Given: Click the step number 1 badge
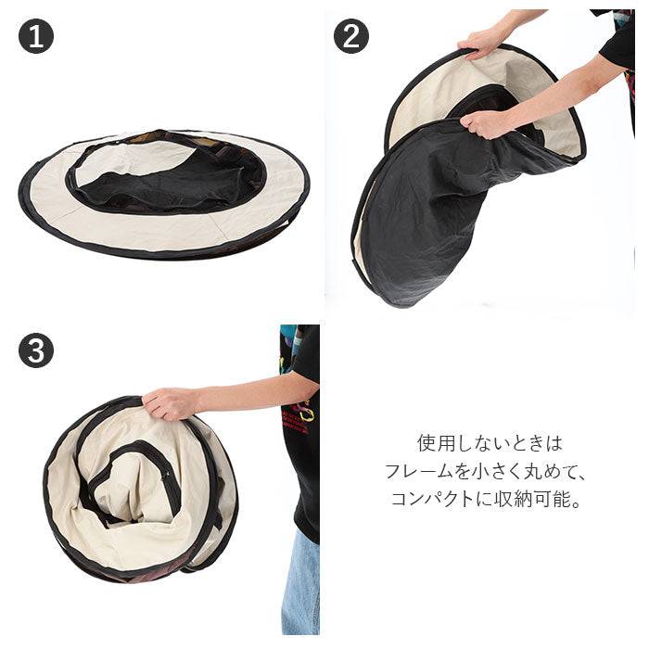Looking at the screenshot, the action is pos(36,36).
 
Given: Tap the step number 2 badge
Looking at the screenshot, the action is pos(351,36).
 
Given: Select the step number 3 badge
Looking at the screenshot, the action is pos(36,350).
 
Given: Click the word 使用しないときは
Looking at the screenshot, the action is pos(490,443).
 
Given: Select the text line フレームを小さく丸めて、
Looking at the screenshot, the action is pos(485,471).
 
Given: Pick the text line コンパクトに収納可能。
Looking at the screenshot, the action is pos(485,499).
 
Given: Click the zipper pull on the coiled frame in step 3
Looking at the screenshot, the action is pos(166,475).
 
